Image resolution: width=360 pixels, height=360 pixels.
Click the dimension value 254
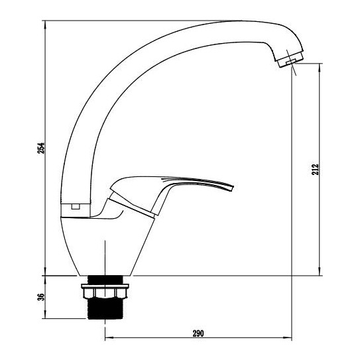click(x=41, y=148)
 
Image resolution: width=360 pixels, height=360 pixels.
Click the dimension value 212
click(x=315, y=169)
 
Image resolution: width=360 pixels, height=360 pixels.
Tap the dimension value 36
click(x=40, y=297)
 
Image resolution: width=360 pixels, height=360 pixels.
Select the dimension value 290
click(x=198, y=333)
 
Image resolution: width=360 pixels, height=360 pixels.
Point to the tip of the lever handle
click(x=232, y=188)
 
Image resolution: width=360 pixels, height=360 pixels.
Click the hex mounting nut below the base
click(x=105, y=293)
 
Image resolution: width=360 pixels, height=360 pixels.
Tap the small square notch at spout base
click(x=76, y=207)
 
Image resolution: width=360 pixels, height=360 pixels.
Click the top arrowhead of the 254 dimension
click(x=45, y=24)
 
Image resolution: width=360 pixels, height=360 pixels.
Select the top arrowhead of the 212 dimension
click(x=320, y=67)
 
